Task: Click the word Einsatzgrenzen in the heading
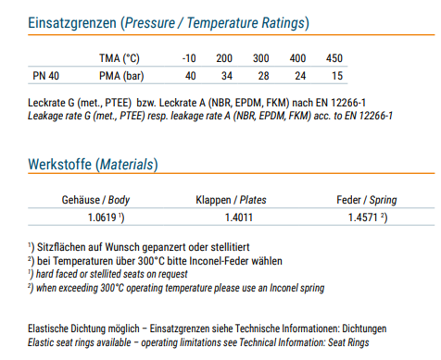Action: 72,23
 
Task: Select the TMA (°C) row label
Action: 120,58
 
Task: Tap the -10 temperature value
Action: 189,58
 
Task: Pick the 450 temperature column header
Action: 334,58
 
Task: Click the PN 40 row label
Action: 45,76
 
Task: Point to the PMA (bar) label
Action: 121,76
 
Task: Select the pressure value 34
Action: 227,76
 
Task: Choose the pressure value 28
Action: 263,76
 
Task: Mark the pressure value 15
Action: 337,76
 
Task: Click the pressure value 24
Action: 300,76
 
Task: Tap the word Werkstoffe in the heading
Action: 60,164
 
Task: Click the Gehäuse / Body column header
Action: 95,200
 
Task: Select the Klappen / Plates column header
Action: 231,200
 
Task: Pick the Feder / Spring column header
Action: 367,200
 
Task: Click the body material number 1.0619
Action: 102,217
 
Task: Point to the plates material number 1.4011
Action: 239,217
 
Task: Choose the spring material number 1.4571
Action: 362,217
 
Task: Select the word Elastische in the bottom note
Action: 48,329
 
